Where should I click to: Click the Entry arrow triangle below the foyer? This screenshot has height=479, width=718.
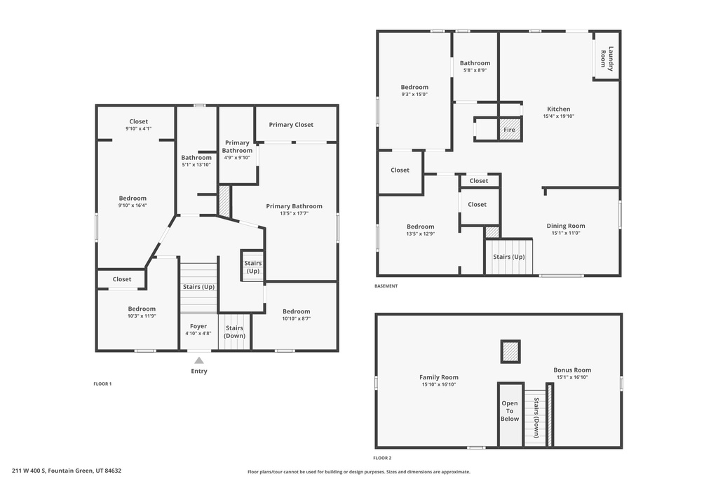[199, 360]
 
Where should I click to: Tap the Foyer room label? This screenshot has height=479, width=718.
[199, 326]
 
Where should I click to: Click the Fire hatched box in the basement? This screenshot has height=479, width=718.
[510, 130]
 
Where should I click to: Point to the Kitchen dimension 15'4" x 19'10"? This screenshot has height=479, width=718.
[558, 116]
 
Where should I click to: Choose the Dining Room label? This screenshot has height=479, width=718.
[566, 226]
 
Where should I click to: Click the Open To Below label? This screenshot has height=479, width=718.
[510, 411]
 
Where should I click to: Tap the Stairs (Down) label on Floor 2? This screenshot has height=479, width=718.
[536, 413]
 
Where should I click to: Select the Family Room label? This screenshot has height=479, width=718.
[439, 377]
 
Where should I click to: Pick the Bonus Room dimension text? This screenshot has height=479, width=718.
[573, 377]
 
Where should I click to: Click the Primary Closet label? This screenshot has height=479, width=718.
[291, 125]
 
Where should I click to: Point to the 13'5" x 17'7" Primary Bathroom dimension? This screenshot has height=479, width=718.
[294, 213]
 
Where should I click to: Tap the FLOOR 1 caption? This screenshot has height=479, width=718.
[102, 384]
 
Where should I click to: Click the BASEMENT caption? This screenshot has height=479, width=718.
[386, 286]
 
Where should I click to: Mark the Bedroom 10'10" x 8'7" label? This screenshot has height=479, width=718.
[296, 311]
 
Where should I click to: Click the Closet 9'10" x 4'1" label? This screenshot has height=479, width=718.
[138, 121]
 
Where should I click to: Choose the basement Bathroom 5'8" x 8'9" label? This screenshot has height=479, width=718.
[475, 63]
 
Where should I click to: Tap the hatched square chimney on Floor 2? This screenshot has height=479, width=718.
[510, 351]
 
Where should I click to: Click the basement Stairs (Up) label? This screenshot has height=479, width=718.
[508, 257]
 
